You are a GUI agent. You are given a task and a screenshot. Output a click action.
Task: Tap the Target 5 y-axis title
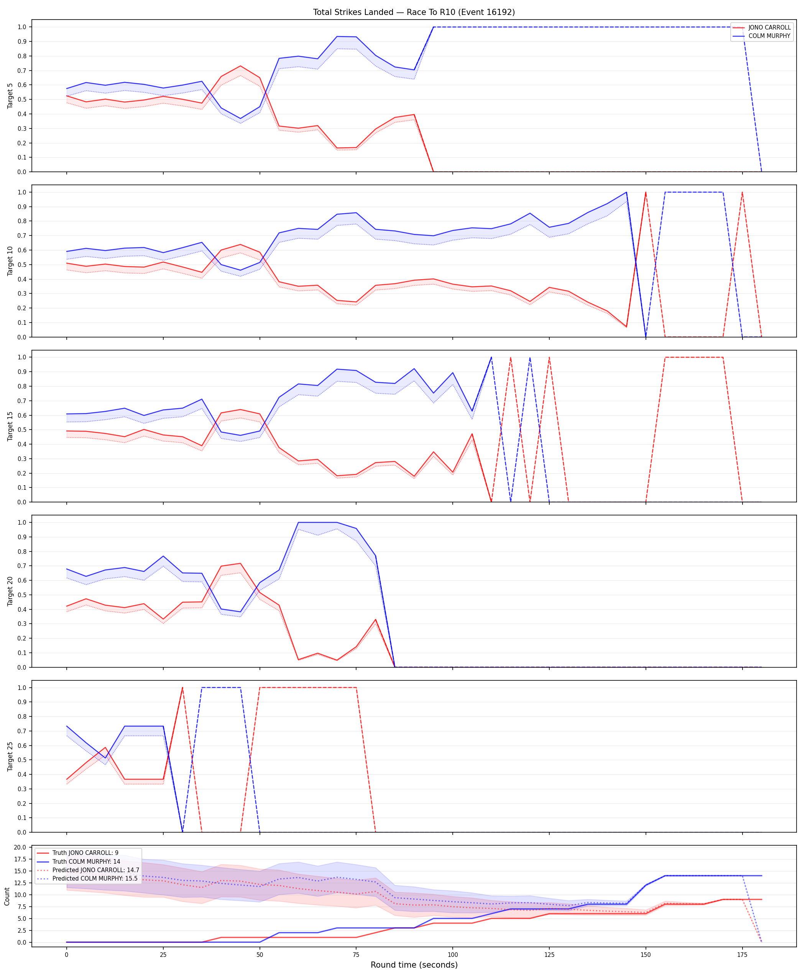pyautogui.click(x=10, y=96)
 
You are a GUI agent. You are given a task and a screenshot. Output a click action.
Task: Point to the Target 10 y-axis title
pyautogui.click(x=10, y=261)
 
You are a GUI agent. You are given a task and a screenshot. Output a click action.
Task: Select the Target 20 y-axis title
pyautogui.click(x=10, y=591)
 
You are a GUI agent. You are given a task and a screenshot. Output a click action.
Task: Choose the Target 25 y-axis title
pyautogui.click(x=10, y=757)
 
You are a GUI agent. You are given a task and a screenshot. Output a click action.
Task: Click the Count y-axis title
pyautogui.click(x=7, y=896)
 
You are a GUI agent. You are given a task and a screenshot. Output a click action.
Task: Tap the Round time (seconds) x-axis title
pyautogui.click(x=414, y=965)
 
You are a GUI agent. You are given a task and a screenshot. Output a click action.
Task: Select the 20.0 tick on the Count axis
pyautogui.click(x=20, y=848)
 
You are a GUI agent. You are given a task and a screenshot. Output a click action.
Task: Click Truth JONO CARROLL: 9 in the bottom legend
pyautogui.click(x=85, y=853)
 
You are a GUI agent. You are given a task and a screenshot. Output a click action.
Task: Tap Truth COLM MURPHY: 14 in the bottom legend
pyautogui.click(x=86, y=861)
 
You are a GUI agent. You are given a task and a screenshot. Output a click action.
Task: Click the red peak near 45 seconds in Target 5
pyautogui.click(x=240, y=66)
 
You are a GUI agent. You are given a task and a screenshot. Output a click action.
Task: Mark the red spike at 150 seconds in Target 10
pyautogui.click(x=646, y=193)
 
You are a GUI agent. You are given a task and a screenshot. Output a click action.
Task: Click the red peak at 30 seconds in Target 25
pyautogui.click(x=182, y=688)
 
